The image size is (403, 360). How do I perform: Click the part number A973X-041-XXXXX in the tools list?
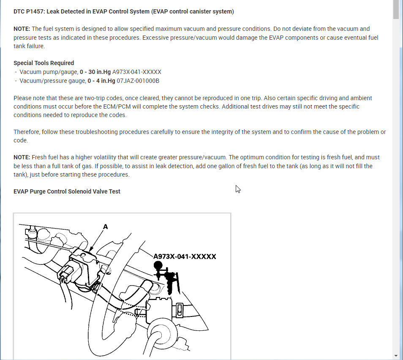coord(136,72)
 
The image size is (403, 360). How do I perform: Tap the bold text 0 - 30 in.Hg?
coord(95,72)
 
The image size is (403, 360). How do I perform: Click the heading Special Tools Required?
coord(44,63)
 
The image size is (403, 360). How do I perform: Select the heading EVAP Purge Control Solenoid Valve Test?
coord(67,191)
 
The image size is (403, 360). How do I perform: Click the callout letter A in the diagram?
coord(106,227)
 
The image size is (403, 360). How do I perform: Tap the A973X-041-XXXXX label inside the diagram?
coord(185,256)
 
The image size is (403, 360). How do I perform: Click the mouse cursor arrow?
coord(238,189)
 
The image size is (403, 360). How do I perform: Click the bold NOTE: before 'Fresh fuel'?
coord(22,157)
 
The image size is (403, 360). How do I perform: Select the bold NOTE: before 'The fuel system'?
coord(22,29)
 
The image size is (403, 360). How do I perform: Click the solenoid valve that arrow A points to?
coord(84,266)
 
